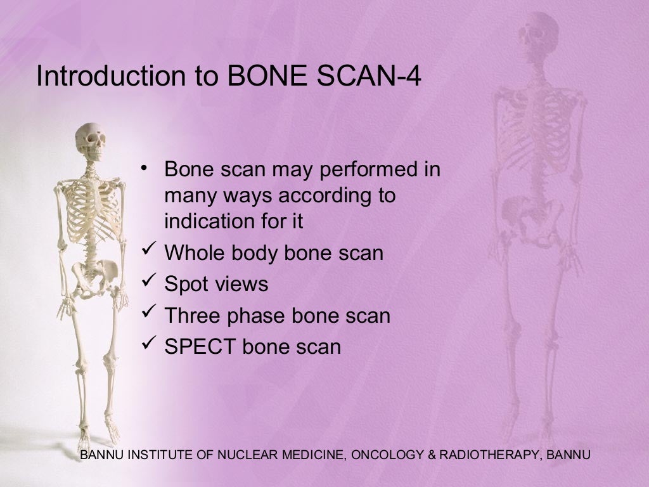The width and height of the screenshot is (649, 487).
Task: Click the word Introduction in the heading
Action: tap(108, 75)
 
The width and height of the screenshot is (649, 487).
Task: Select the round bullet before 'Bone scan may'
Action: tap(145, 168)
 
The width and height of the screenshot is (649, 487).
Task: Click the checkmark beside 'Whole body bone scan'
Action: tap(150, 250)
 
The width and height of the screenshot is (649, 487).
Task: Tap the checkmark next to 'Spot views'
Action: tap(150, 281)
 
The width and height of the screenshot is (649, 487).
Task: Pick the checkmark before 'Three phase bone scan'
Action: tap(150, 312)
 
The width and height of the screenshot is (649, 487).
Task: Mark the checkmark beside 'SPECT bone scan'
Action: tap(150, 344)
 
